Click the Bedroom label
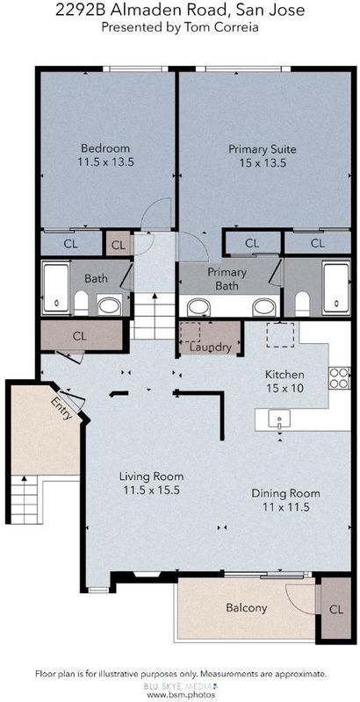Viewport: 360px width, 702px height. (x=105, y=147)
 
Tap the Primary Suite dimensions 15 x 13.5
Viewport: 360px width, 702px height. (x=263, y=163)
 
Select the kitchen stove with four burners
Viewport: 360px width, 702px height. (x=340, y=378)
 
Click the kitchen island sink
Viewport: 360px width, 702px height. (x=279, y=419)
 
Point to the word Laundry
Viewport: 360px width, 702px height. (x=210, y=347)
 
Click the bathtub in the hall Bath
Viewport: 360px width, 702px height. (x=56, y=288)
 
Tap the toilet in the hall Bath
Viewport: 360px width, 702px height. (x=81, y=303)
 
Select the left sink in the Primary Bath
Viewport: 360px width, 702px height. (x=198, y=307)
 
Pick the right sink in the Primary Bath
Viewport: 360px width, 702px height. (x=263, y=307)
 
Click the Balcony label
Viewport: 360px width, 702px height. (x=246, y=607)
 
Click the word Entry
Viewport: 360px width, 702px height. (x=61, y=408)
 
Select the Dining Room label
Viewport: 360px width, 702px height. (x=285, y=493)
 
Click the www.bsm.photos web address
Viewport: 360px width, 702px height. (x=182, y=694)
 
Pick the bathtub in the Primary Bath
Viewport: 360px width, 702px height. (x=336, y=288)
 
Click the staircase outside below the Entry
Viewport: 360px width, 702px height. (x=25, y=499)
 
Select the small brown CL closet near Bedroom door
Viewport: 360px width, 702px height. (x=119, y=245)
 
